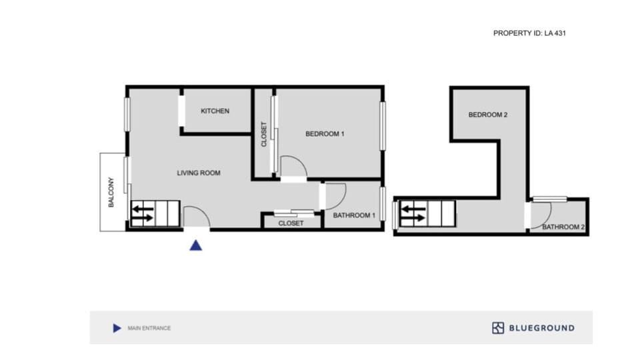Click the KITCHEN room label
215,111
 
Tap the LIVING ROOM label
198,173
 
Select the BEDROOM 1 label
324,134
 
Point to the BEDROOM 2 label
488,115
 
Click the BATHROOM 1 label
355,215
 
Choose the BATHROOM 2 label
563,227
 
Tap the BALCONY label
111,192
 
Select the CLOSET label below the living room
291,223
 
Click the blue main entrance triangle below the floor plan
195,245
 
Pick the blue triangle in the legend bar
117,328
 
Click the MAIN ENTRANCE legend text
149,328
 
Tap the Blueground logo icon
498,328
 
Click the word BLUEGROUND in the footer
541,328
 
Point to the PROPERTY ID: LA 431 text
529,33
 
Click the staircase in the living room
155,214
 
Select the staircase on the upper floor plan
427,215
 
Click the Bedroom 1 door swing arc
294,166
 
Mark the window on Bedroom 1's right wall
383,125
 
